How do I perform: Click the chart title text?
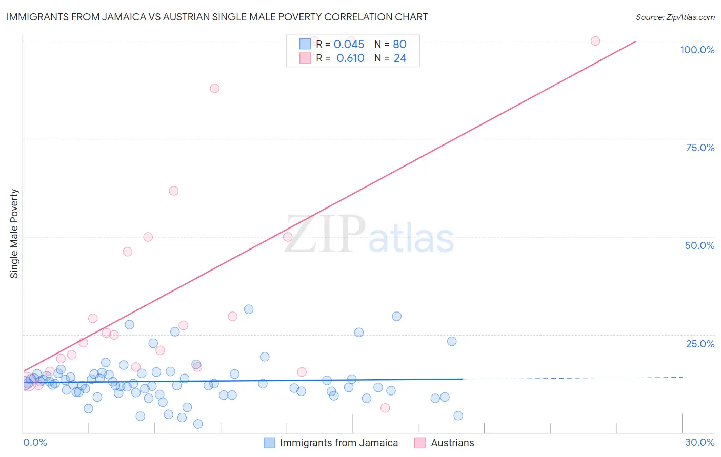(217, 17)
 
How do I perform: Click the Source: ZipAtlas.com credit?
(675, 17)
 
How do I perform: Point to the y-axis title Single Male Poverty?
(14, 234)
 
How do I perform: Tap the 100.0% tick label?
(697, 50)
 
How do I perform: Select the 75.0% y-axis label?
(700, 148)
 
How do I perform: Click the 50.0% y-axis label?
(699, 245)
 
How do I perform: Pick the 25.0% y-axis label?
(700, 344)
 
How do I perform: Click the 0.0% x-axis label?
(35, 442)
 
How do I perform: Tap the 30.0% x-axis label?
(699, 442)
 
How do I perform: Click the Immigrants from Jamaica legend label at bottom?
(339, 443)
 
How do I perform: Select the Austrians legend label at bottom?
(452, 443)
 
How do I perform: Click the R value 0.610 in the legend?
(350, 58)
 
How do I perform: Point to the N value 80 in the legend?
(399, 45)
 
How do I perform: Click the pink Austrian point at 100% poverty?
(595, 41)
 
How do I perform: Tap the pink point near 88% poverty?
(215, 88)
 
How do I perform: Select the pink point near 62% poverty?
(174, 191)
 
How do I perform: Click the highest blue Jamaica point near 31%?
(249, 309)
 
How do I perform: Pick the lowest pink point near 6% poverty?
(385, 408)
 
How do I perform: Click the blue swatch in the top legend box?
(305, 44)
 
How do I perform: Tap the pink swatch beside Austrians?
(420, 443)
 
